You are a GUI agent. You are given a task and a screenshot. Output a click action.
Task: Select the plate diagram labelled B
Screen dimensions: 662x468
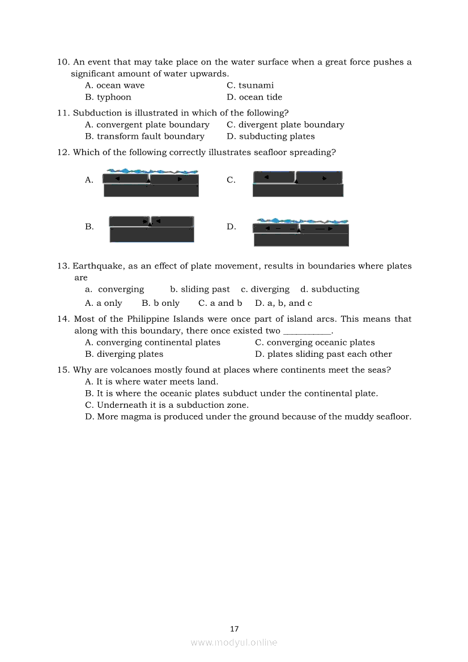(151, 229)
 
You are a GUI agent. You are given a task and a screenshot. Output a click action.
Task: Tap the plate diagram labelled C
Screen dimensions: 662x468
(297, 184)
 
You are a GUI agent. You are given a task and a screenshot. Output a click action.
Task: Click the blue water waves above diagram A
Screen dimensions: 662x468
(152, 170)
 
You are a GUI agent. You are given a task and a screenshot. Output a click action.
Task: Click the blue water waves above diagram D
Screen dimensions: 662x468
(302, 220)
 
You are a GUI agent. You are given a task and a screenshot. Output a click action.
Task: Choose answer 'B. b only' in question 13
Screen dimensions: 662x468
(160, 304)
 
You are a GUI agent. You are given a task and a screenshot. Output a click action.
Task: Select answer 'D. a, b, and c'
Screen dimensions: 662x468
(283, 304)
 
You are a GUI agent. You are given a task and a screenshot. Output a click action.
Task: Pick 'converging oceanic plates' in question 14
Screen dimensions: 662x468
(320, 343)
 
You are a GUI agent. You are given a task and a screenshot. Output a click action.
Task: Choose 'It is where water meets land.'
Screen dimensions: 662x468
(157, 382)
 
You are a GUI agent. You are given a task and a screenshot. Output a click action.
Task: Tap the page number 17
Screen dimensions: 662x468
(235, 629)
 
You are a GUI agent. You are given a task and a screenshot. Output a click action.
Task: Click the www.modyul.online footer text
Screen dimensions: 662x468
(234, 643)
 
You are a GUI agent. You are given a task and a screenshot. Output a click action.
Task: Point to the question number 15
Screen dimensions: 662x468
(63, 370)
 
